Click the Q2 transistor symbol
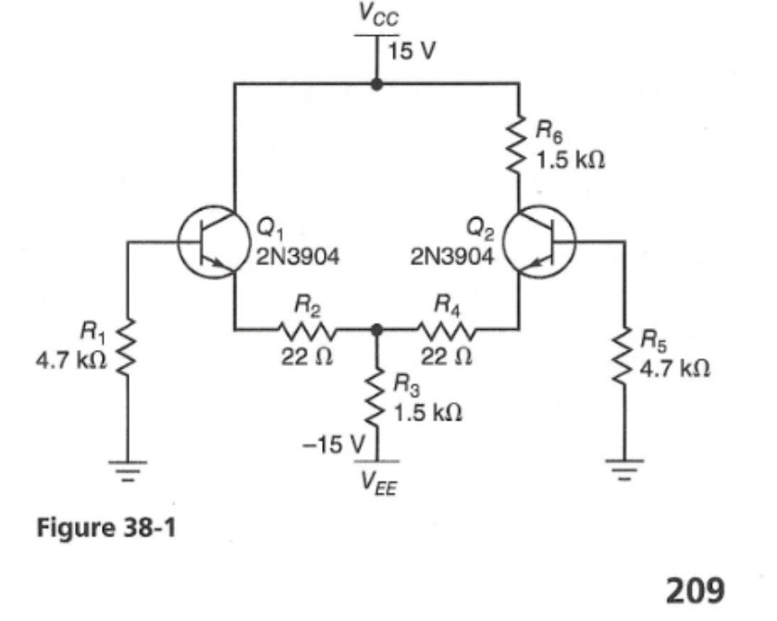point(542,243)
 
